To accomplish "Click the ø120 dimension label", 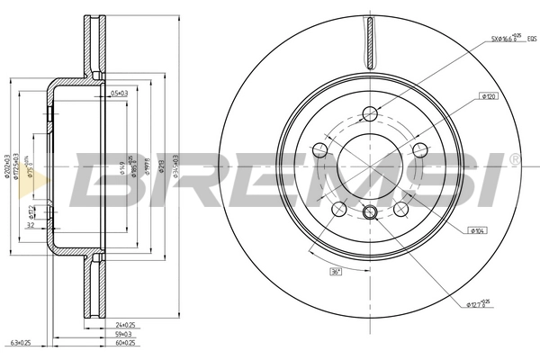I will point(490,95).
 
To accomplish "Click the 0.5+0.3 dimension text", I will point(119,93).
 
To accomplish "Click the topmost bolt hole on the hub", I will point(369,113).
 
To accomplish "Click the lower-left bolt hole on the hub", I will point(338,209).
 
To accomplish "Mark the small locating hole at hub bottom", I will point(369,212).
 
